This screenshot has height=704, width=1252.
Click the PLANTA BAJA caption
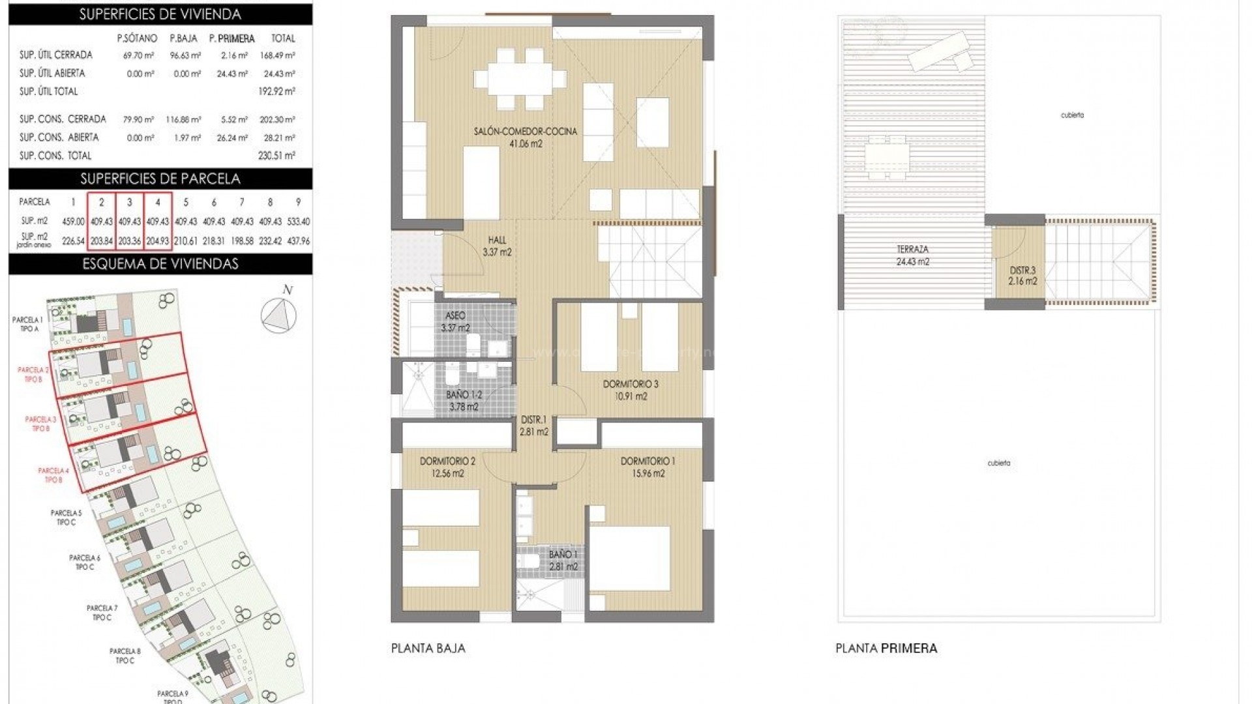tap(428, 648)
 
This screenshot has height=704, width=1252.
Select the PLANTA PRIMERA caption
tap(886, 648)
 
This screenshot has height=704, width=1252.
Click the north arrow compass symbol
tap(278, 315)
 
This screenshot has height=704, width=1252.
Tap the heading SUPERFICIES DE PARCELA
tap(160, 179)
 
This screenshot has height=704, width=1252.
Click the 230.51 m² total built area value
tap(276, 155)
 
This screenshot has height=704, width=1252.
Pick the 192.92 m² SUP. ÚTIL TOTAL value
tap(276, 91)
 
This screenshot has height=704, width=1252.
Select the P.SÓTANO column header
tap(137, 38)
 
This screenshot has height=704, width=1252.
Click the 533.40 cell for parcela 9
tap(298, 222)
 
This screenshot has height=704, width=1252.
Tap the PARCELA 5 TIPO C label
tap(67, 518)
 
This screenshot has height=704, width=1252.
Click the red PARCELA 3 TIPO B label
tap(40, 424)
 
